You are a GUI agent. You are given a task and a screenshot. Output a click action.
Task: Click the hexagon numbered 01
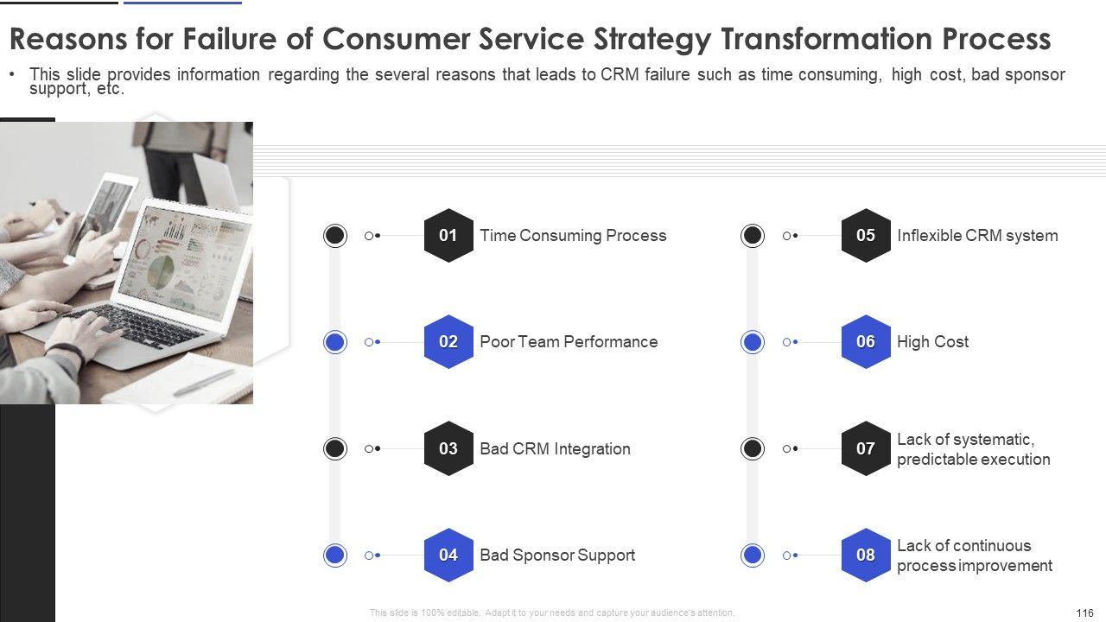pos(448,235)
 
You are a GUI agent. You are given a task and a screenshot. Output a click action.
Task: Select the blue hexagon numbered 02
pos(448,342)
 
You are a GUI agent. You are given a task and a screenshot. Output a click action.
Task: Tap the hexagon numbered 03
pos(448,448)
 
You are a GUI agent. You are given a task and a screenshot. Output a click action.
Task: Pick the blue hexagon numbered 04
pos(448,555)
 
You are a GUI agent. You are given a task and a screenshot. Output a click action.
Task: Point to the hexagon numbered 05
pos(866,235)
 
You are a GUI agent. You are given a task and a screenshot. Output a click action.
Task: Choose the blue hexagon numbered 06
pos(866,342)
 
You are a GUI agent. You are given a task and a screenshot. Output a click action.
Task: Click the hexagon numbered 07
pos(866,448)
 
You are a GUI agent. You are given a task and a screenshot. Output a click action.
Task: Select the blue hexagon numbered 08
pos(866,555)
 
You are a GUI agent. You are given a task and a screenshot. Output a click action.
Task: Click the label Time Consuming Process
pos(573,236)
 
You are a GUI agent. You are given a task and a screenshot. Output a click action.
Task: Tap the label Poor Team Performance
pos(569,342)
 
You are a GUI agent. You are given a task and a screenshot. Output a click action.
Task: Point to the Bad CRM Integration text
pos(555,449)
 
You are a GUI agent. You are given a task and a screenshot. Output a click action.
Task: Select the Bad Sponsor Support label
pos(557,555)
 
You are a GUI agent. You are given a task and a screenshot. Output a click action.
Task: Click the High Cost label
pos(932,342)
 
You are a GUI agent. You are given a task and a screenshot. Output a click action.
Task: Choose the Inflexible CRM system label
pos(977,236)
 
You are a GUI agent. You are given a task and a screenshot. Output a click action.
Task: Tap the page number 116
pos(1084,612)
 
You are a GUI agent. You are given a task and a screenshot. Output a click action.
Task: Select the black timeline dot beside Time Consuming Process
pos(335,235)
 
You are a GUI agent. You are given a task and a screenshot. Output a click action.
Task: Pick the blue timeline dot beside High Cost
pos(753,342)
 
